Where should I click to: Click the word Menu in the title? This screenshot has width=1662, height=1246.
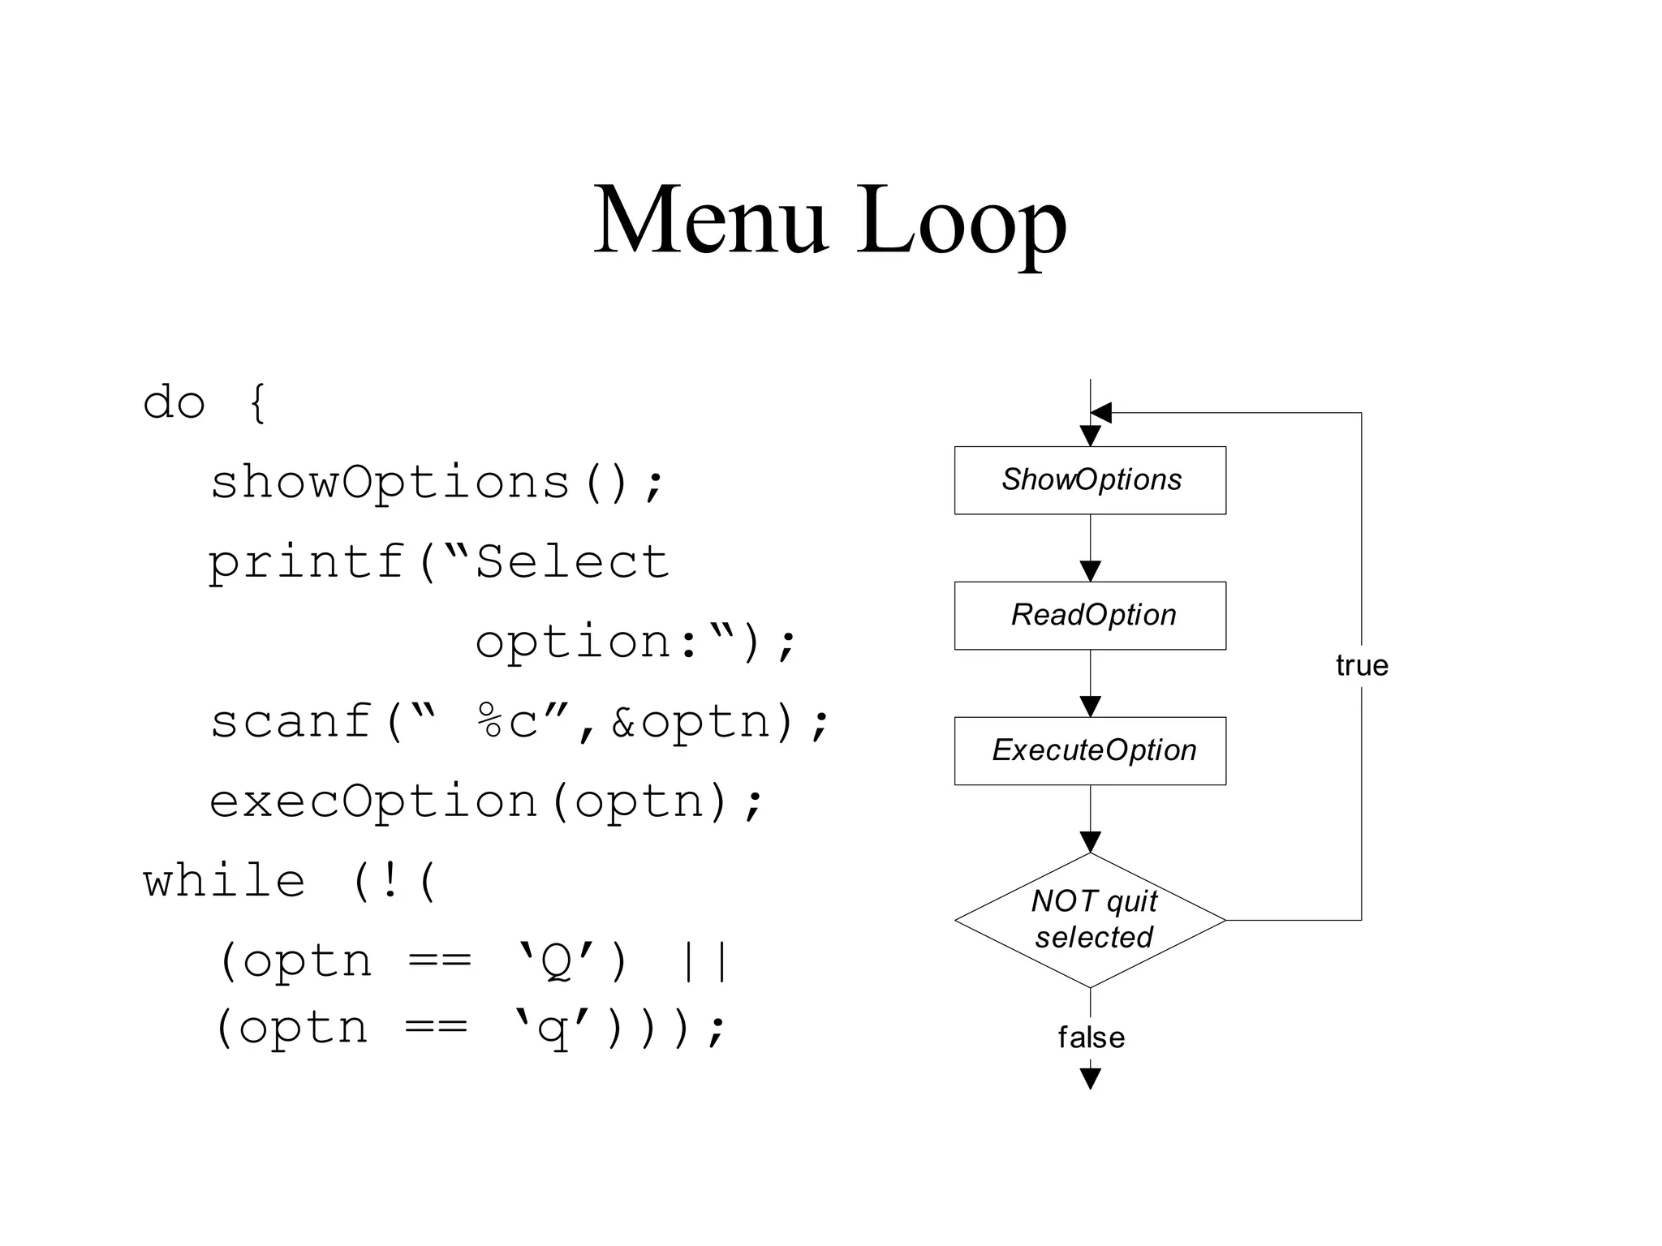[x=709, y=221]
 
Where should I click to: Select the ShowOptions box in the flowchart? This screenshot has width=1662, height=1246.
[x=1090, y=480]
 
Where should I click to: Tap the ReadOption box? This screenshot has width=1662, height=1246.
[x=1090, y=616]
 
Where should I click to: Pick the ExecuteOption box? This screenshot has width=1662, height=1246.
[x=1090, y=751]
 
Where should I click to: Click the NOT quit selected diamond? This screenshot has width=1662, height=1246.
[x=1090, y=920]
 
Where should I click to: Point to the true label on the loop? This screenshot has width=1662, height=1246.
[x=1362, y=665]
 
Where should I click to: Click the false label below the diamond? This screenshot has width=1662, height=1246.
[x=1091, y=1038]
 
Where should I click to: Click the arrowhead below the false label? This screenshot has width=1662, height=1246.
[x=1091, y=1078]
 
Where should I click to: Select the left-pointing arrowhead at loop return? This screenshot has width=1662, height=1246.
[x=1101, y=413]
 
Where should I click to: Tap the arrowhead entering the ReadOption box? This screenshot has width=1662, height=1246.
[x=1091, y=571]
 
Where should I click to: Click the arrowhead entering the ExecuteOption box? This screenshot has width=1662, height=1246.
[x=1091, y=707]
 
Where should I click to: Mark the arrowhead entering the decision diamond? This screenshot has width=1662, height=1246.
[x=1091, y=842]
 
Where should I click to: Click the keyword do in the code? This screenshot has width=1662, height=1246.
[x=174, y=402]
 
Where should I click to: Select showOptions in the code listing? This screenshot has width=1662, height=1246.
[x=390, y=482]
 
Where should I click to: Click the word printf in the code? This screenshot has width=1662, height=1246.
[x=307, y=561]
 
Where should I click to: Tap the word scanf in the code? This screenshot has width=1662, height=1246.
[x=291, y=721]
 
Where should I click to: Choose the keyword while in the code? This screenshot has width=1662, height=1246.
[x=225, y=881]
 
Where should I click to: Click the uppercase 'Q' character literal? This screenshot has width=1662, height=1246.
[x=558, y=961]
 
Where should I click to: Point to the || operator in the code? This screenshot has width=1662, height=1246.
[x=703, y=961]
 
